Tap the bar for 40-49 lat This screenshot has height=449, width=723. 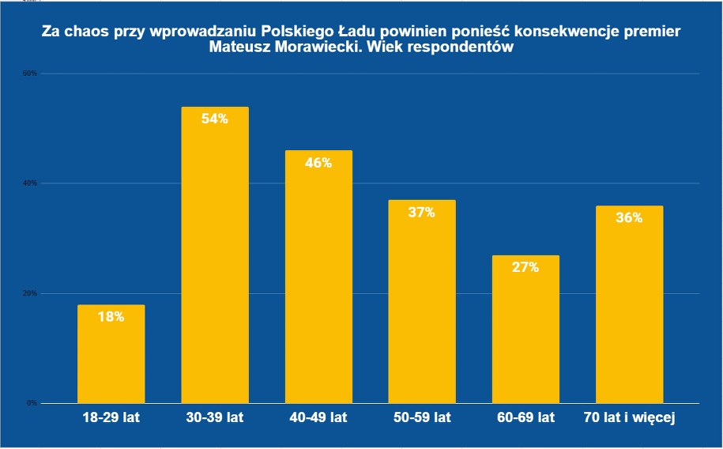click(x=318, y=277)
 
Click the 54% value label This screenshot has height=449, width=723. click(x=215, y=119)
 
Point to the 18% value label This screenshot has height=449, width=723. click(x=111, y=317)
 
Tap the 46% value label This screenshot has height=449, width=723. click(x=318, y=163)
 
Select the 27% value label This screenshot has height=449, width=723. click(x=525, y=267)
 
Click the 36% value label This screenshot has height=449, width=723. click(x=629, y=218)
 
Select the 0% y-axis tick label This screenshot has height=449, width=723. click(x=32, y=403)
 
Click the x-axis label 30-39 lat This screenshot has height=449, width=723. click(x=215, y=417)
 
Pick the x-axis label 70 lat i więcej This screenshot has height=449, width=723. click(x=629, y=417)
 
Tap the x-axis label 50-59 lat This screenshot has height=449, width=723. click(x=422, y=417)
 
